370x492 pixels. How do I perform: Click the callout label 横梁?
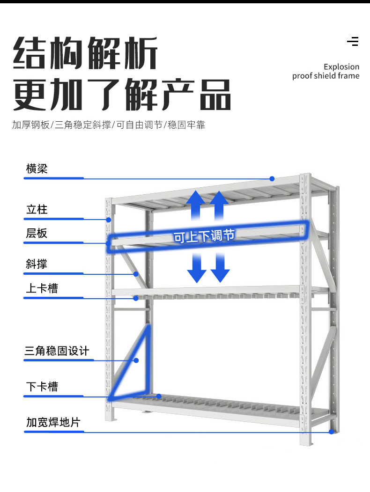(x=37, y=169)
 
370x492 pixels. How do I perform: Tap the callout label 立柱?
(x=37, y=209)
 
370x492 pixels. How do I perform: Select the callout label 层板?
(x=37, y=233)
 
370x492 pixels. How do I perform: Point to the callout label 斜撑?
(x=37, y=264)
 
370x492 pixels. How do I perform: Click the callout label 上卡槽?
(x=42, y=288)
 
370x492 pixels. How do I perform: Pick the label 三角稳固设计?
(x=57, y=351)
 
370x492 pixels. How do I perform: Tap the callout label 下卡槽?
(x=42, y=387)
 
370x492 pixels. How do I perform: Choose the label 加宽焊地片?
(x=53, y=422)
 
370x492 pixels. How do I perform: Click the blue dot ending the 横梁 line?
(x=272, y=178)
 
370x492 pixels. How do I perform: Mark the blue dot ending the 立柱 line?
(x=108, y=219)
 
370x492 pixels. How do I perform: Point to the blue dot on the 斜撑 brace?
(x=136, y=273)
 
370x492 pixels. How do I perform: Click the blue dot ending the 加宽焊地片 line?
(x=332, y=432)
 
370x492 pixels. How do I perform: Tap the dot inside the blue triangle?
(x=137, y=360)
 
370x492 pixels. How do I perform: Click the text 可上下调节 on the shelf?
(x=204, y=236)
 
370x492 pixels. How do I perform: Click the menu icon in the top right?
(x=353, y=41)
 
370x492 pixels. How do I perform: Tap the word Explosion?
(x=341, y=67)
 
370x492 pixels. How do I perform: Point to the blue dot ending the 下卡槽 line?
(x=159, y=396)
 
